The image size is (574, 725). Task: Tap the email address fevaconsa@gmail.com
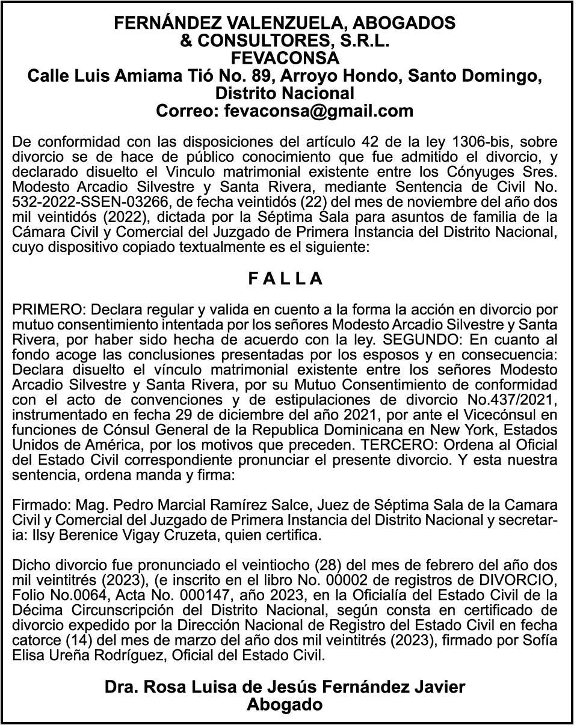319,111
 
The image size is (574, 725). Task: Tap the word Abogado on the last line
285,705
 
